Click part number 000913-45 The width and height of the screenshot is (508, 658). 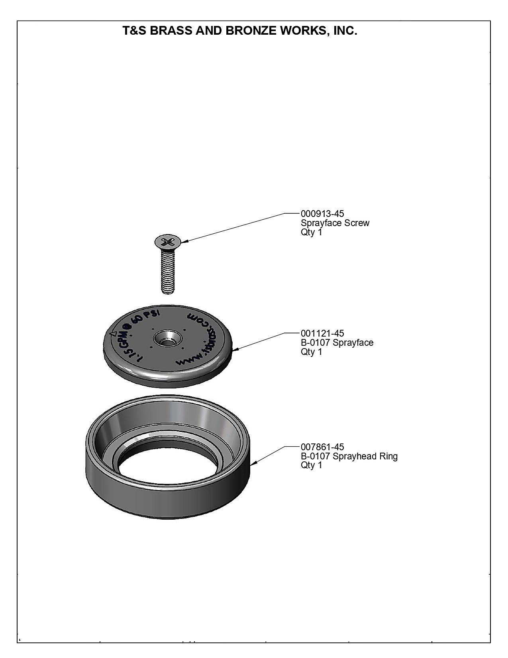[x=322, y=214]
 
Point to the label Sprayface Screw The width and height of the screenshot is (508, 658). [x=335, y=223]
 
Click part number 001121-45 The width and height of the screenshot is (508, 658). [x=322, y=333]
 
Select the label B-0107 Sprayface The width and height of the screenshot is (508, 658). [x=337, y=343]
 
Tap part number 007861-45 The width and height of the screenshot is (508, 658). [x=322, y=447]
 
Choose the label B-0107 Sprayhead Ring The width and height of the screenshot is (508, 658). [x=349, y=456]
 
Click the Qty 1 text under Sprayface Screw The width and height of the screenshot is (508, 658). [x=311, y=232]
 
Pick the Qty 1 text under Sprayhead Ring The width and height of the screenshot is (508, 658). [x=311, y=465]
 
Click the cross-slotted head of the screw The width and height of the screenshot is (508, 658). [x=168, y=241]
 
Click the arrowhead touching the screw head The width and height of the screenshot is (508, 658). [x=184, y=241]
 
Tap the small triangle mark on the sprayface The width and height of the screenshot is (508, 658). [x=114, y=334]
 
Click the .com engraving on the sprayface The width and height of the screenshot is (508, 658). [x=200, y=319]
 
